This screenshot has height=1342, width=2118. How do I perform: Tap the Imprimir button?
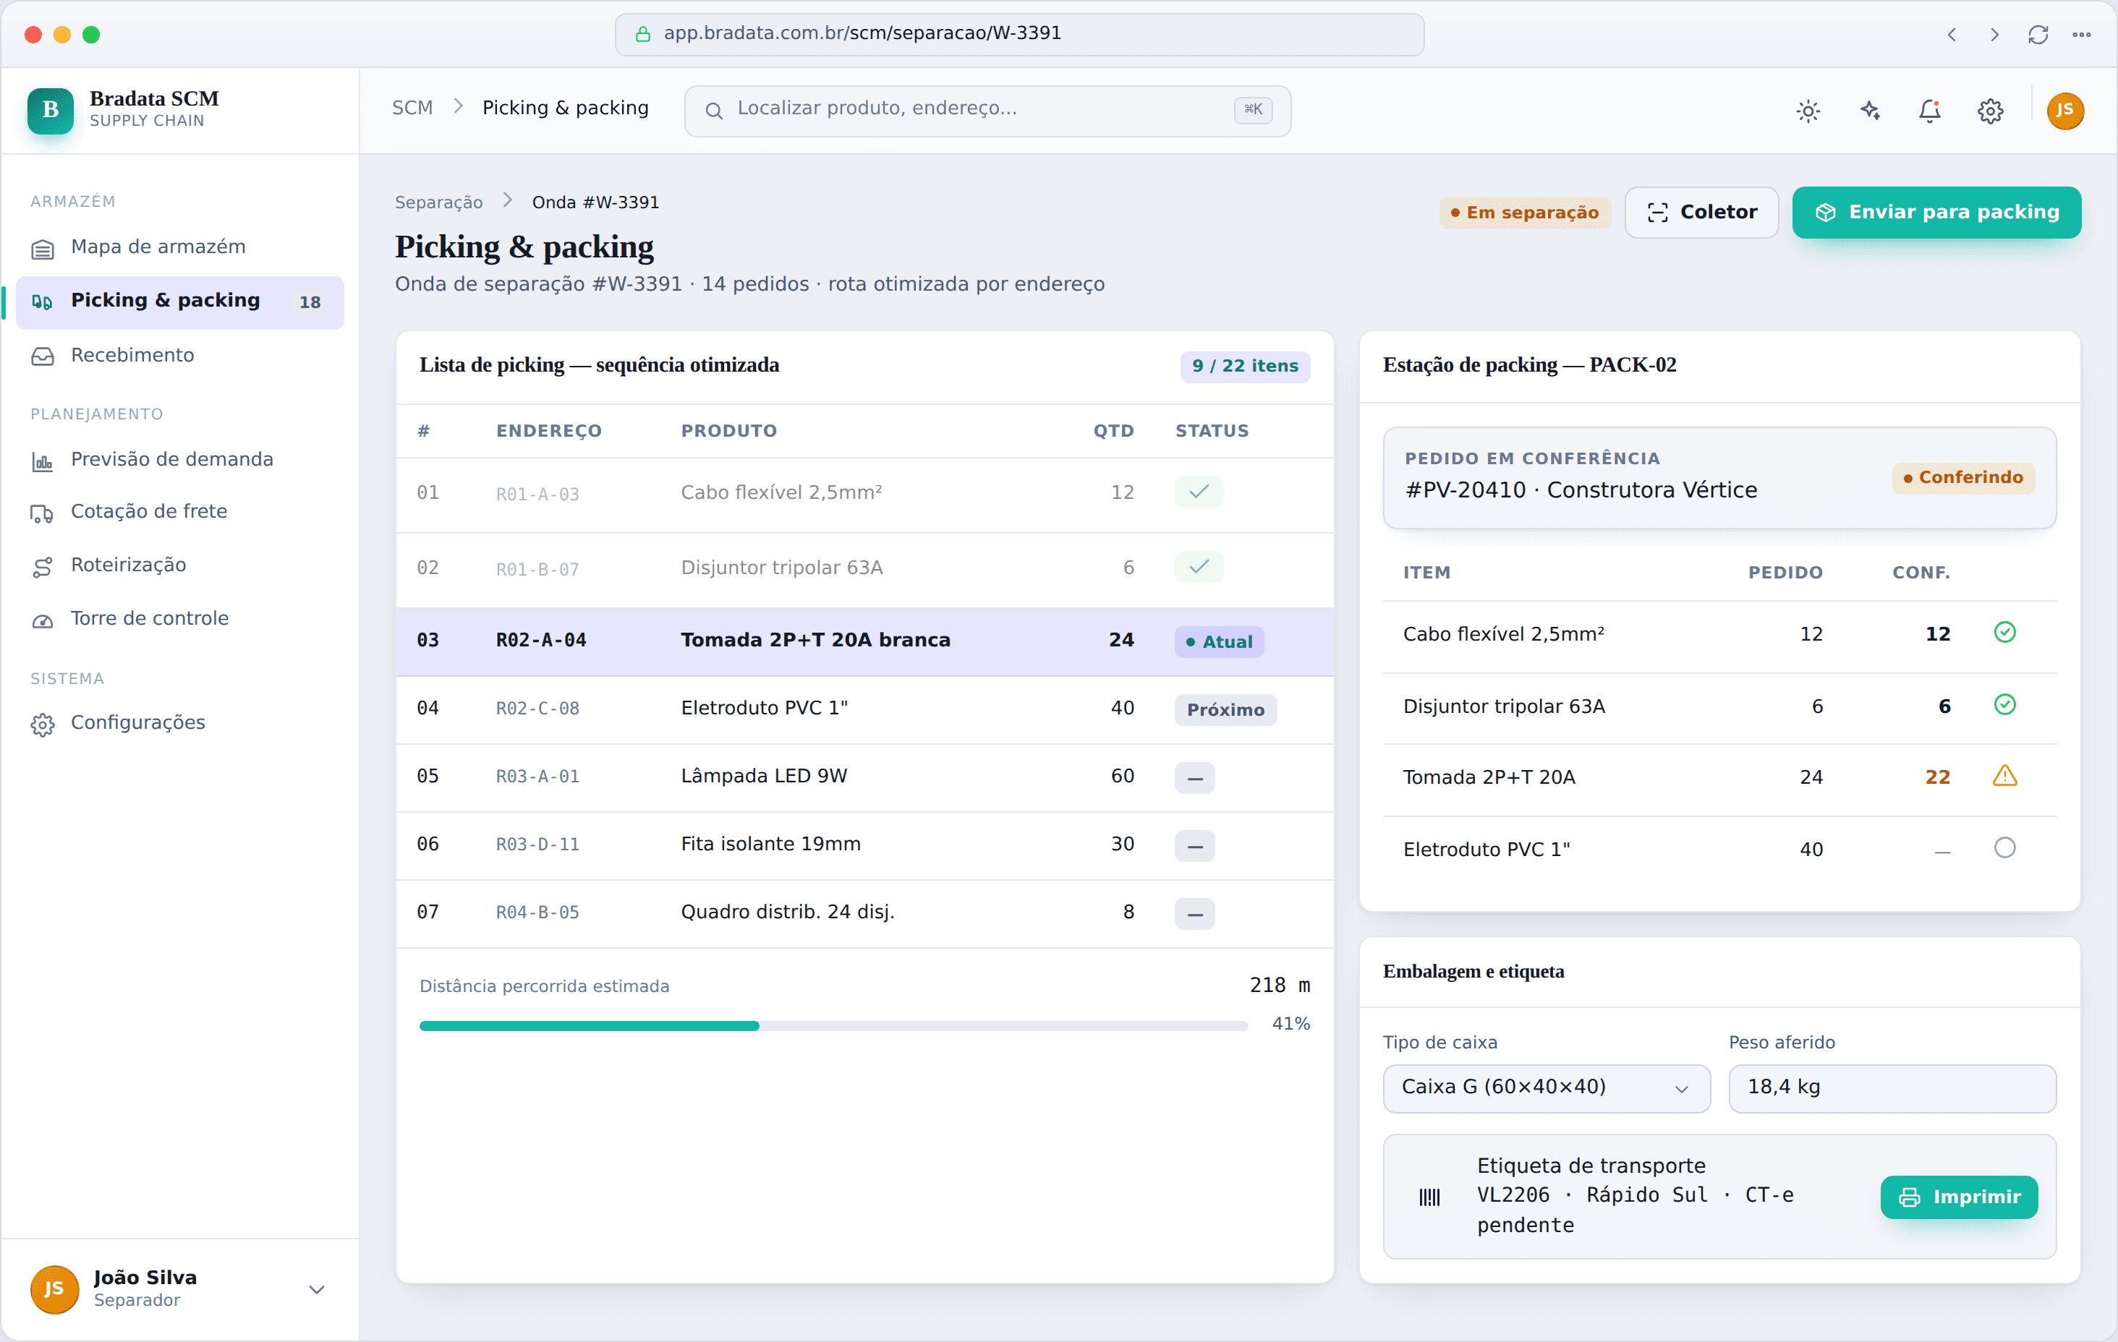tap(1959, 1197)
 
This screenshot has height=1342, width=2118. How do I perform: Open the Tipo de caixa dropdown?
tap(1547, 1088)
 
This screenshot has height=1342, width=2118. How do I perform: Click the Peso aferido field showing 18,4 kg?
tap(1892, 1088)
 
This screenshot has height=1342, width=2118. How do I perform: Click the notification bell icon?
tap(1930, 111)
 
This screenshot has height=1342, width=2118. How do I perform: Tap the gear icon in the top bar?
tap(1991, 111)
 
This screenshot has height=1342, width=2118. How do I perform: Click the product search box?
tap(987, 111)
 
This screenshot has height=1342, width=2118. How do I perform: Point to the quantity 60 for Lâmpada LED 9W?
tap(1123, 777)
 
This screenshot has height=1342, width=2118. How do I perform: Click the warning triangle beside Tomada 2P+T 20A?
tap(2004, 777)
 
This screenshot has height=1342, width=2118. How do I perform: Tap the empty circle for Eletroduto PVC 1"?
tap(2004, 847)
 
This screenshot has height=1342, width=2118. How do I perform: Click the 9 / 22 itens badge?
tap(1245, 366)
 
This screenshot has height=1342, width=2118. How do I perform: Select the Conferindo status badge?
tap(1963, 477)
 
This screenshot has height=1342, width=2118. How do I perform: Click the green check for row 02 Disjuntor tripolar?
tap(1199, 567)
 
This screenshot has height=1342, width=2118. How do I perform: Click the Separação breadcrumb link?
tap(438, 202)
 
